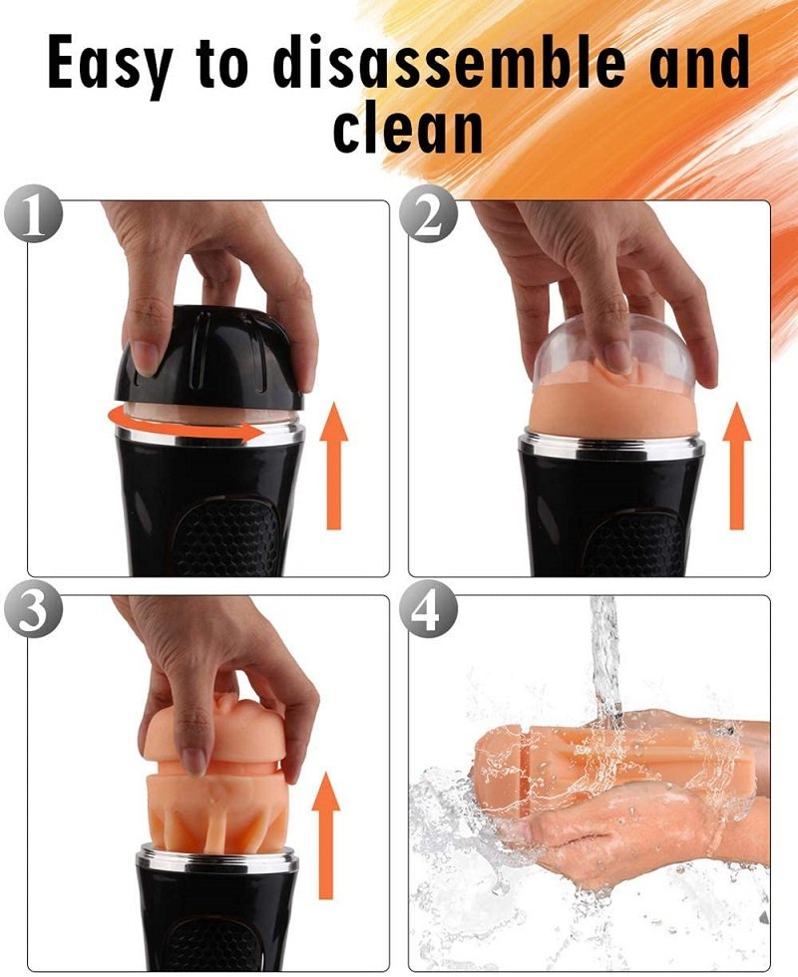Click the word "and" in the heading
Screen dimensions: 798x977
(x=699, y=61)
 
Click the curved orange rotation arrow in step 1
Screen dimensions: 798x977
(x=181, y=428)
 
